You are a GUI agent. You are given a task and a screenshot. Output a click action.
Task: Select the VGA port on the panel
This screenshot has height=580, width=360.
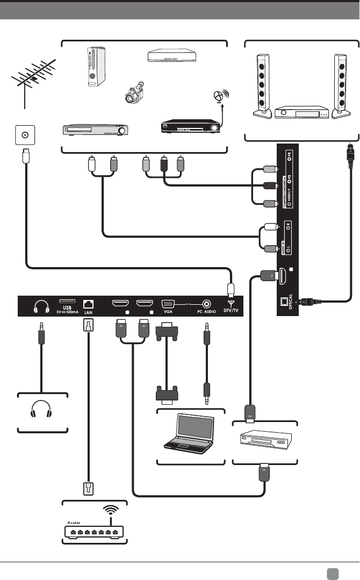(x=167, y=304)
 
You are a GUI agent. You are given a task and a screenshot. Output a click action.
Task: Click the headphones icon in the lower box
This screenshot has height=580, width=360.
(x=42, y=411)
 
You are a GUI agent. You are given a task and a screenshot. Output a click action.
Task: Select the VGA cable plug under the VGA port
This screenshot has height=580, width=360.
(x=165, y=331)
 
